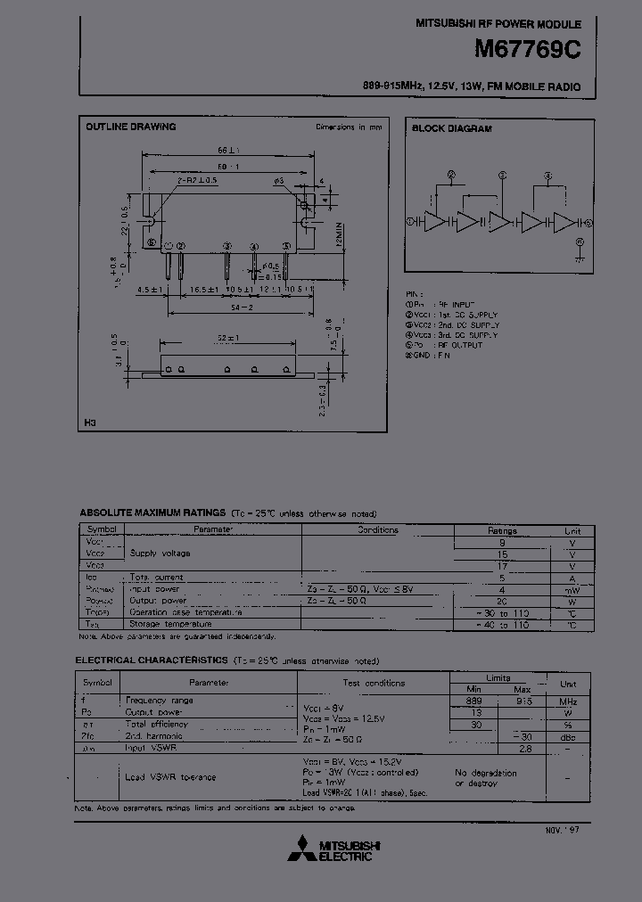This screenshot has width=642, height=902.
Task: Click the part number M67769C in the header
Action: tap(526, 51)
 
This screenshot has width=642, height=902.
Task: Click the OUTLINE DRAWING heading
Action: tap(130, 127)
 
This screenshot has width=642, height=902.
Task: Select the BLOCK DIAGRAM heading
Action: tap(451, 129)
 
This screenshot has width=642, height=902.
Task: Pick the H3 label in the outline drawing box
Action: tap(90, 422)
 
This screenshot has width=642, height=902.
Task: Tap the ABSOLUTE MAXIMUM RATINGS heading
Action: tap(152, 513)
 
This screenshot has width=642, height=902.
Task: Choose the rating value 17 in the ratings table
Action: tap(502, 565)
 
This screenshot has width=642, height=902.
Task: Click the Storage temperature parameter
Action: tap(176, 625)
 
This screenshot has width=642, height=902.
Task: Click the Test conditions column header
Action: tap(374, 683)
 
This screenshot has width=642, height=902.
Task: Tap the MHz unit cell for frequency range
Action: tap(568, 701)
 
